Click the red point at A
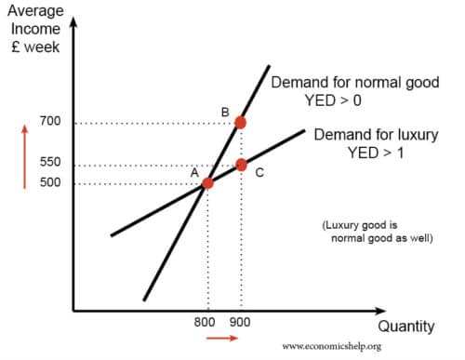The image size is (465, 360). (207, 182)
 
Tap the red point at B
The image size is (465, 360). (241, 122)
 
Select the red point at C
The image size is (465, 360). (241, 165)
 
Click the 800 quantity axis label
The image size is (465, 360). (206, 322)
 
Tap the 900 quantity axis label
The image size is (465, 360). (241, 322)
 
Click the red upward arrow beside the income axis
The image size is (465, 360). (25, 153)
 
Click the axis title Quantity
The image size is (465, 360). (405, 327)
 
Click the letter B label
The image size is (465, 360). (225, 112)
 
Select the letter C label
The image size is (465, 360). (259, 172)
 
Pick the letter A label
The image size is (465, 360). (194, 171)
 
